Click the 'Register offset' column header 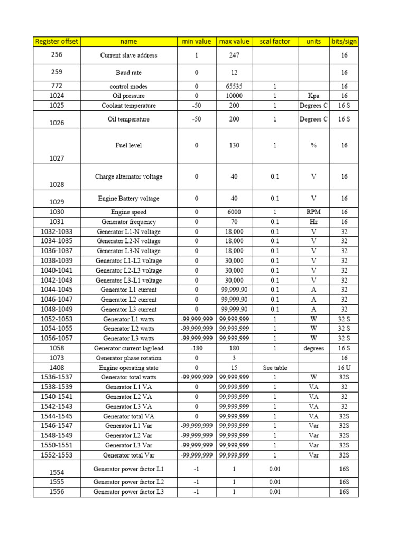point(57,41)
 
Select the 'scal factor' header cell point(275,41)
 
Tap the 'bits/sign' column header point(344,41)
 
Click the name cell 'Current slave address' point(128,55)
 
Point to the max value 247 point(234,55)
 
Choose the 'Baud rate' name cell point(128,72)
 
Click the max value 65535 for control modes point(234,86)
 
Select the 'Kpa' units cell point(313,96)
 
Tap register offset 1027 point(57,158)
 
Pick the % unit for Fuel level point(313,145)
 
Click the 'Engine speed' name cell point(128,212)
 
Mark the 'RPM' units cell point(313,212)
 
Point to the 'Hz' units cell point(313,222)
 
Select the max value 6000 point(234,212)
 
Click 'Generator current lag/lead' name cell point(128,348)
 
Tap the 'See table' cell point(275,368)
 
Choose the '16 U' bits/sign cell point(344,368)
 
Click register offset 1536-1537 point(57,377)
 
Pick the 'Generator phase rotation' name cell point(128,358)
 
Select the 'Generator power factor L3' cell point(128,492)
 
